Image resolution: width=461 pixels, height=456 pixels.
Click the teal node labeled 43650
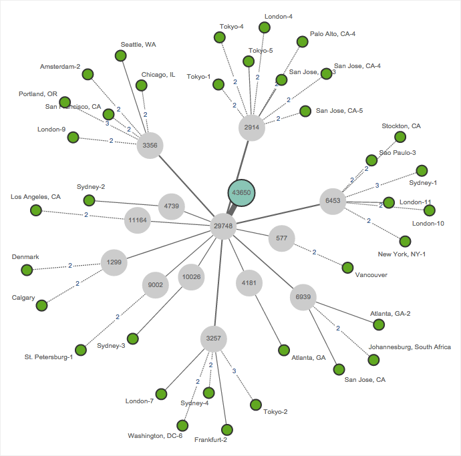pyautogui.click(x=241, y=192)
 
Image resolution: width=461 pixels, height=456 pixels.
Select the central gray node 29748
pyautogui.click(x=223, y=226)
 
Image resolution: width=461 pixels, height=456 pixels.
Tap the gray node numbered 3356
pyautogui.click(x=150, y=144)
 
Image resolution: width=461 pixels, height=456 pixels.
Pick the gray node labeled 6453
pyautogui.click(x=333, y=200)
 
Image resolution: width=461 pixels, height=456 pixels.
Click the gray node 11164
pyautogui.click(x=138, y=220)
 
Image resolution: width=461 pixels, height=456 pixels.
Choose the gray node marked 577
pyautogui.click(x=281, y=238)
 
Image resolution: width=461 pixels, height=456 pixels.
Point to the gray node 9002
pyautogui.click(x=156, y=284)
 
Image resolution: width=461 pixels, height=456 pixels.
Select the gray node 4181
pyautogui.click(x=249, y=283)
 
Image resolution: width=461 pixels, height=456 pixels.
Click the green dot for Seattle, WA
pyautogui.click(x=121, y=57)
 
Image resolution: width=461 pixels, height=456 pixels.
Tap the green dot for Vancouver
pyautogui.click(x=347, y=268)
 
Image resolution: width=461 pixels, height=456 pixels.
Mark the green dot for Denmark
pyautogui.click(x=27, y=270)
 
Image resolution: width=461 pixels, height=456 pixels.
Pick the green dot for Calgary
pyautogui.click(x=41, y=305)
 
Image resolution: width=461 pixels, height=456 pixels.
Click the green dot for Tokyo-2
pyautogui.click(x=255, y=405)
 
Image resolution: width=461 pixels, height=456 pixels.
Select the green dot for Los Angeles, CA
pyautogui.click(x=36, y=210)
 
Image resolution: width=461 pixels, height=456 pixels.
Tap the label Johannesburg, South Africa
pyautogui.click(x=410, y=347)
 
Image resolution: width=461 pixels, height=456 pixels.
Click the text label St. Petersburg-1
pyautogui.click(x=48, y=357)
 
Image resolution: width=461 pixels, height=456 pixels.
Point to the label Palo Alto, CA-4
pyautogui.click(x=333, y=33)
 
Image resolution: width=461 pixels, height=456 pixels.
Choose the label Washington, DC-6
pyautogui.click(x=155, y=436)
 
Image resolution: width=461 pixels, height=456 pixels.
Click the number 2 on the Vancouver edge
pyautogui.click(x=314, y=253)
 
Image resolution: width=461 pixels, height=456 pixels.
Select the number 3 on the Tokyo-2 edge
pyautogui.click(x=234, y=371)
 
